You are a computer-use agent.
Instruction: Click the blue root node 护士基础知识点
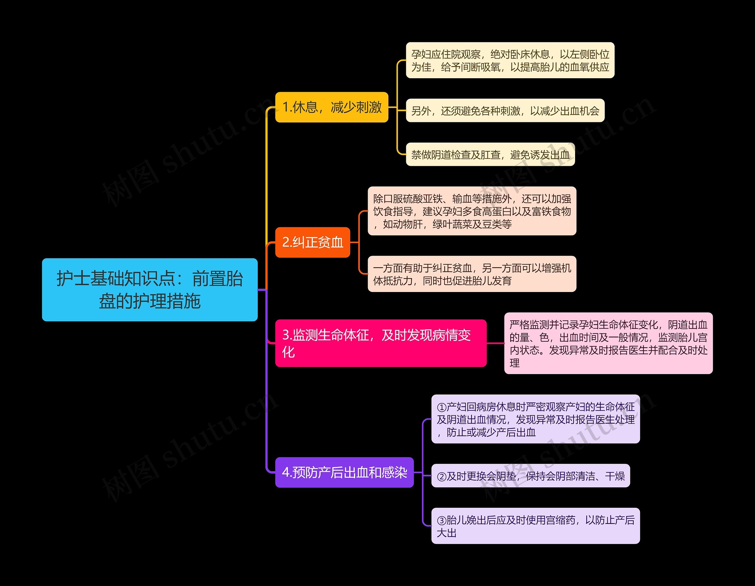pos(150,289)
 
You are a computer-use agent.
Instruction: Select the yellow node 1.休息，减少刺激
pos(331,107)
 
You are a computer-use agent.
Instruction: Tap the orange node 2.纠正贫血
pos(313,242)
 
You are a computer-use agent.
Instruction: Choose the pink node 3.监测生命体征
pos(381,343)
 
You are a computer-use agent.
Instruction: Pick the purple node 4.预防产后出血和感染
pos(344,472)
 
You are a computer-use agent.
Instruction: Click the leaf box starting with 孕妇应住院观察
pos(510,60)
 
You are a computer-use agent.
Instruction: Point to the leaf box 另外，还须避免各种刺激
pos(505,110)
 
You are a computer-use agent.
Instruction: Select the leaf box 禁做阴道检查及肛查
pos(490,154)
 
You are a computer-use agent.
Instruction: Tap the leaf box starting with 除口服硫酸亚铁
pos(472,211)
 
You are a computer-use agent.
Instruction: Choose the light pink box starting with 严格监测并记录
pos(608,343)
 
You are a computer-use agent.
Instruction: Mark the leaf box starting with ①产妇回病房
pos(536,419)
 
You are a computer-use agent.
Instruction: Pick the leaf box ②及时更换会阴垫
pos(530,476)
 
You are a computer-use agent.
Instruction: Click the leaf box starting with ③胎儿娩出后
pos(536,526)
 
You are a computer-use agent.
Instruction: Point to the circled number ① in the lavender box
pos(441,407)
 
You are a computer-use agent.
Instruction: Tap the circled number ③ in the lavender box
pos(441,520)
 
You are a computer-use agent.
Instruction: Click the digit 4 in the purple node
pos(286,472)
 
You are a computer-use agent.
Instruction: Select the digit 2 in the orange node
pos(286,242)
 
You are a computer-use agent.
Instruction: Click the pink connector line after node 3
pos(495,343)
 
